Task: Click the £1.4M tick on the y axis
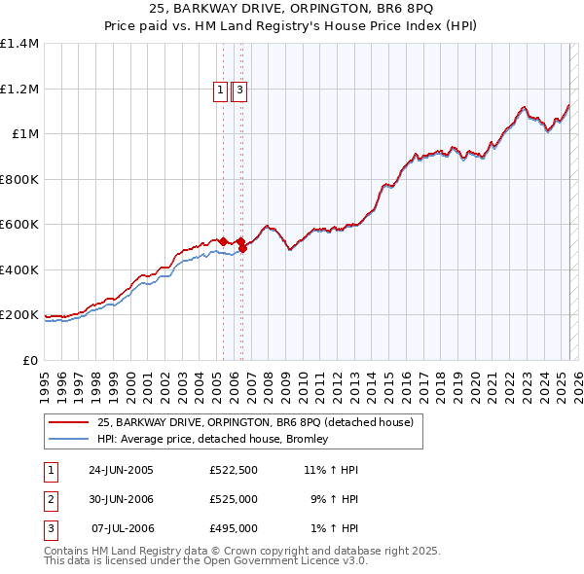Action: point(19,44)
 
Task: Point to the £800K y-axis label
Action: point(19,179)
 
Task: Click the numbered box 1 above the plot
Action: point(221,90)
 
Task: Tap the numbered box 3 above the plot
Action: point(239,90)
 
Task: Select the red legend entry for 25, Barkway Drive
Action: point(255,422)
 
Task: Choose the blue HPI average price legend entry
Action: point(212,439)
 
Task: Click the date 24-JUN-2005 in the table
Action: point(121,470)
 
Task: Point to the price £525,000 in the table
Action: point(233,499)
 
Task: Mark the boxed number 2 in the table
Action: point(50,499)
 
